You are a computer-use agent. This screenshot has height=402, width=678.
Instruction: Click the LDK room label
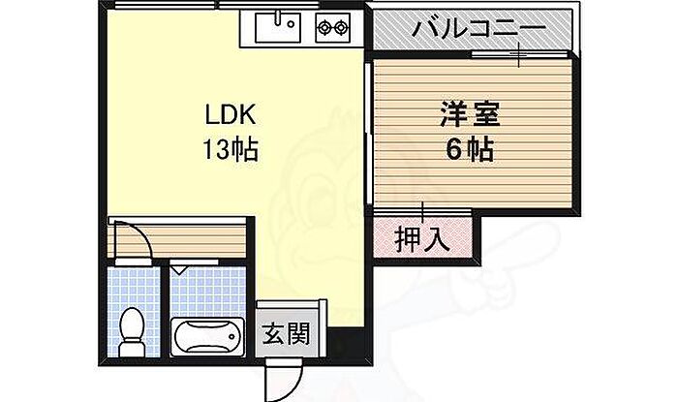point(229,115)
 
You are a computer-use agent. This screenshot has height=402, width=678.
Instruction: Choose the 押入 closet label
point(422,238)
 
